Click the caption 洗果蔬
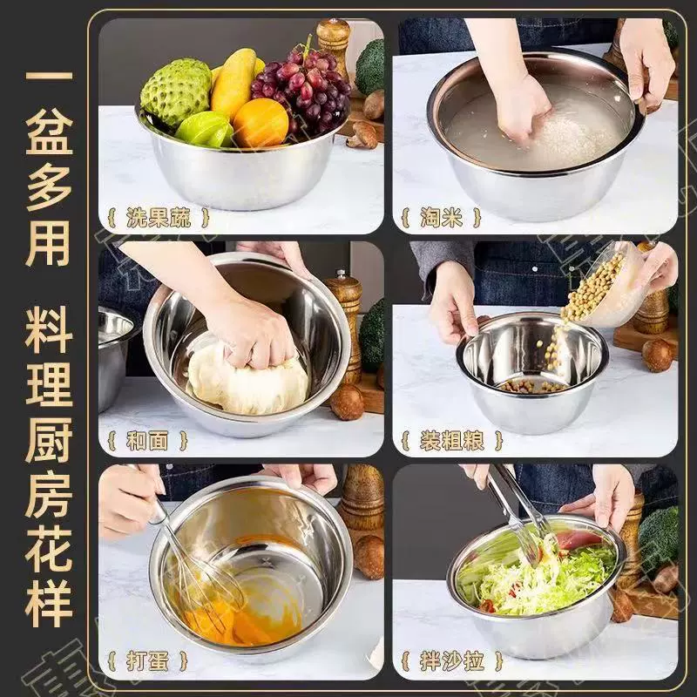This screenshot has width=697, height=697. click(159, 218)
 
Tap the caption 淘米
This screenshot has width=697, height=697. click(442, 218)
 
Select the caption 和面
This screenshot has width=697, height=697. click(147, 441)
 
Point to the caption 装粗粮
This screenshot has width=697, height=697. click(451, 441)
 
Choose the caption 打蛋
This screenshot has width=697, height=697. click(147, 661)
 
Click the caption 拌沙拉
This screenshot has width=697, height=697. click(451, 661)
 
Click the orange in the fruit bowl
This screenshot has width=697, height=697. click(261, 122)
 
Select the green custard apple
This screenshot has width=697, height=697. click(176, 92)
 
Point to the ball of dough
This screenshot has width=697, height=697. click(248, 379)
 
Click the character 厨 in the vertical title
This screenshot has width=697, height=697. click(49, 439)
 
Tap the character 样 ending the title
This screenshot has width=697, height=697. click(49, 603)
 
